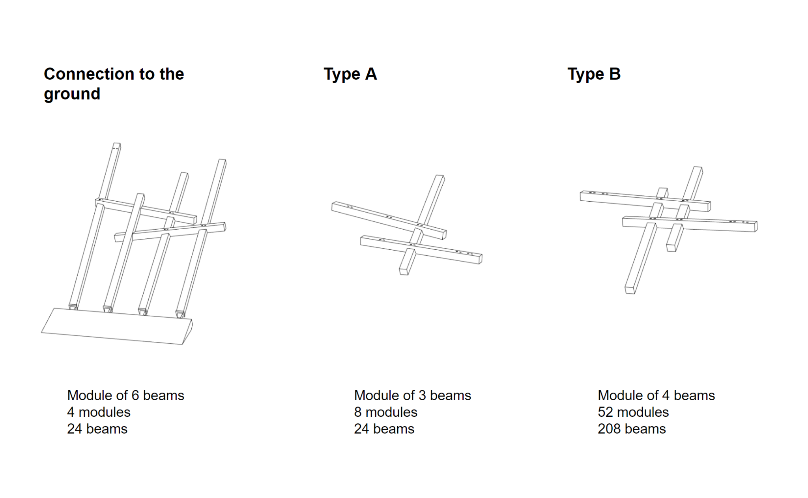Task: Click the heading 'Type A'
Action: tap(350, 74)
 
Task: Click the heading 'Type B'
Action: tap(594, 74)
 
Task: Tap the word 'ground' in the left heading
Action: tap(72, 94)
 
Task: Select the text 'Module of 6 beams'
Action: tap(125, 395)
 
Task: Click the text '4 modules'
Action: tap(99, 412)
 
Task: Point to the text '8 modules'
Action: tap(385, 412)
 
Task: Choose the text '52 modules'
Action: tap(633, 412)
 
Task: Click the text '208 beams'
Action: tap(631, 429)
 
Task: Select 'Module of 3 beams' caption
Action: tap(412, 395)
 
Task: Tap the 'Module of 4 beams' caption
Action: tap(656, 395)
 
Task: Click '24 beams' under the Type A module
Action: tap(384, 429)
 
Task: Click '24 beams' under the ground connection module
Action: tap(97, 429)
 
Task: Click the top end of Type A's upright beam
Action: tap(440, 178)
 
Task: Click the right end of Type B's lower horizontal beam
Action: tap(756, 226)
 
